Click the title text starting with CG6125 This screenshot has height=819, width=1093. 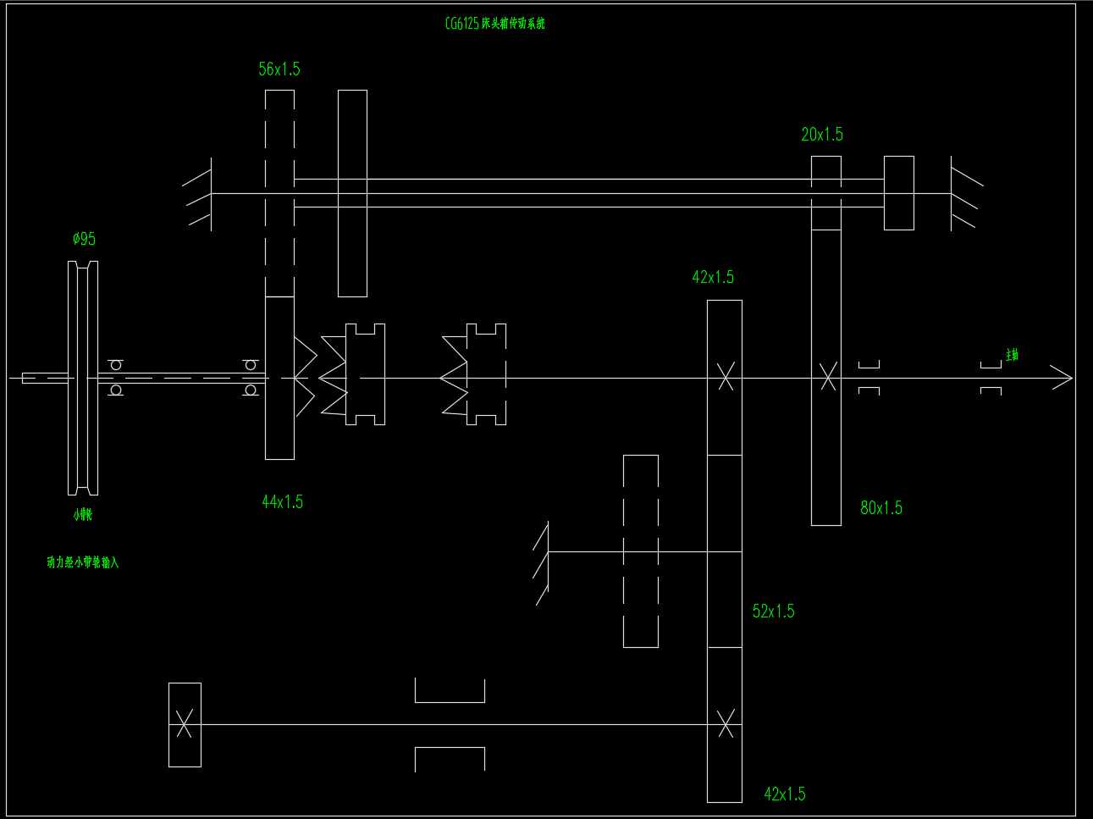[x=494, y=24]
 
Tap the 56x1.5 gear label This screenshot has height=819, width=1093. [x=279, y=69]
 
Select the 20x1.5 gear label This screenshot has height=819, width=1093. [x=822, y=135]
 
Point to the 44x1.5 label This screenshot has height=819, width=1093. [x=282, y=502]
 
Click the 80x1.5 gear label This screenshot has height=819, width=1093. [x=881, y=508]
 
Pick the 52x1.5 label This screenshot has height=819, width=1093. [x=773, y=611]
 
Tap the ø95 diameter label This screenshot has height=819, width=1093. [x=84, y=240]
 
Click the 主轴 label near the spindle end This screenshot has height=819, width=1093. [x=1012, y=355]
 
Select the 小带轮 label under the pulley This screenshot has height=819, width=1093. [x=82, y=515]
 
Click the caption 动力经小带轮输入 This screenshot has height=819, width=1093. [x=83, y=562]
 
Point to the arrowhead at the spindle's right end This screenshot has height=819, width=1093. [x=1063, y=378]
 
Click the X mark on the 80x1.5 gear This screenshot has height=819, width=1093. [x=828, y=376]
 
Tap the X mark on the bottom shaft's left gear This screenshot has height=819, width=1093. [x=185, y=724]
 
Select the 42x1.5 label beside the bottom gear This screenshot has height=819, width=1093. [x=785, y=794]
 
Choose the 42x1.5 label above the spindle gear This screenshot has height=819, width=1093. [x=713, y=278]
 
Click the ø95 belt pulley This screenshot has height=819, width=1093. [x=83, y=378]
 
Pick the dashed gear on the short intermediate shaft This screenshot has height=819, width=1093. [x=641, y=551]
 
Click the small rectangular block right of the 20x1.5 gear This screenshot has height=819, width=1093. [x=899, y=193]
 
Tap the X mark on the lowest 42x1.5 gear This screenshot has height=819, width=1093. [x=726, y=723]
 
